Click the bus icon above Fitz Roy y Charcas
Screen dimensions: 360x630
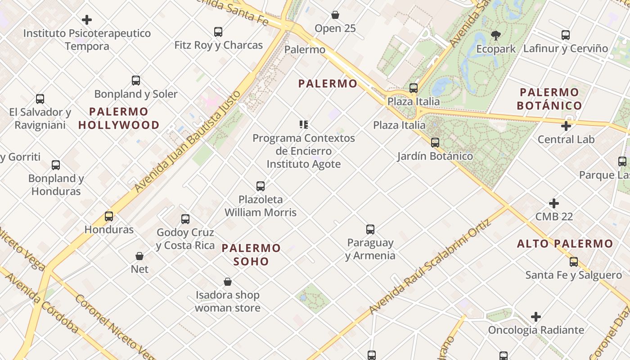(218, 32)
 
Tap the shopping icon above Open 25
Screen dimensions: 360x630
(335, 15)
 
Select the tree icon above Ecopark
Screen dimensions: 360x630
(496, 35)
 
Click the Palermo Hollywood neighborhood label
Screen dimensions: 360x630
(119, 118)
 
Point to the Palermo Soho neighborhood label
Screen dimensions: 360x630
(251, 255)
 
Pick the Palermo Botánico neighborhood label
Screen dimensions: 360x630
(549, 99)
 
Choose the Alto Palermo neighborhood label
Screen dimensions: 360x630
(565, 244)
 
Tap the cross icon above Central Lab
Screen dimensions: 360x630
(566, 126)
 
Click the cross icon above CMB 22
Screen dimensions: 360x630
(554, 203)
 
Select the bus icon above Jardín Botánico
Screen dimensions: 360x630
(435, 143)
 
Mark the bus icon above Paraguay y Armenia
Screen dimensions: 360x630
(370, 229)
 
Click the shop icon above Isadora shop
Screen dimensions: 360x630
(228, 282)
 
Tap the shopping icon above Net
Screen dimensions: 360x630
(139, 256)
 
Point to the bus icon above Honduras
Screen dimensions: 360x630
(109, 216)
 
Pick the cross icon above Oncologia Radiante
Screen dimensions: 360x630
(535, 317)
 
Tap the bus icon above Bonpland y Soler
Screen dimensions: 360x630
(136, 81)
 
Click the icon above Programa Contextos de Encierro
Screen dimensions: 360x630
(304, 125)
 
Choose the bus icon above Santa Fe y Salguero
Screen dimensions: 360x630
(574, 262)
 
